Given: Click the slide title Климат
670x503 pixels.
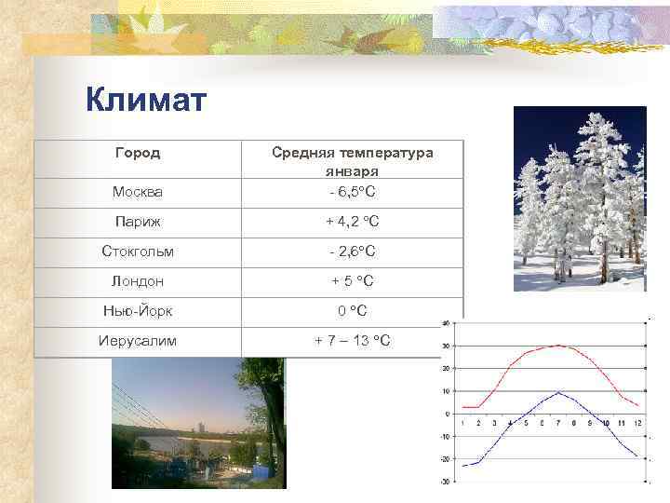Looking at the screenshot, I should [146, 100].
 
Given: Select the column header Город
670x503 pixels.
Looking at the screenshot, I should [137, 152].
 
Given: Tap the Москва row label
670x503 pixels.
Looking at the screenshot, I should [137, 192].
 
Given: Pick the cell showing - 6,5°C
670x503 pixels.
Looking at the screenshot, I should [352, 192].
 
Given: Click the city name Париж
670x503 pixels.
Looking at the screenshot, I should [137, 222].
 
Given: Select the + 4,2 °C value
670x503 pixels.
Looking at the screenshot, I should [352, 222].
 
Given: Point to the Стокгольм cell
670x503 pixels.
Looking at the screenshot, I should [137, 251].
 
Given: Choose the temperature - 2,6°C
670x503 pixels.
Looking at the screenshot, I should [352, 251].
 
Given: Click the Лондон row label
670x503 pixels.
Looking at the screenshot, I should [137, 281].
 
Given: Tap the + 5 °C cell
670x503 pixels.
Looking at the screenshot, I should [352, 281].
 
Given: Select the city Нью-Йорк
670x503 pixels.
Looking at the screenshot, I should [137, 311].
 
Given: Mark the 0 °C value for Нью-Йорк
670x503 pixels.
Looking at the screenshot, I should [352, 311].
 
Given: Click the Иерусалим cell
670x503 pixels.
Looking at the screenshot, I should [137, 341].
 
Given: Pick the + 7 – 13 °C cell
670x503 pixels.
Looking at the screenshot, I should [352, 341].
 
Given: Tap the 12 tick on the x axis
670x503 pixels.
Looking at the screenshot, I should [637, 423].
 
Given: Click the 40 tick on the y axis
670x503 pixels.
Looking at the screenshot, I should [447, 323].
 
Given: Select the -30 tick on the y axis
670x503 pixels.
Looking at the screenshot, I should [446, 482].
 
